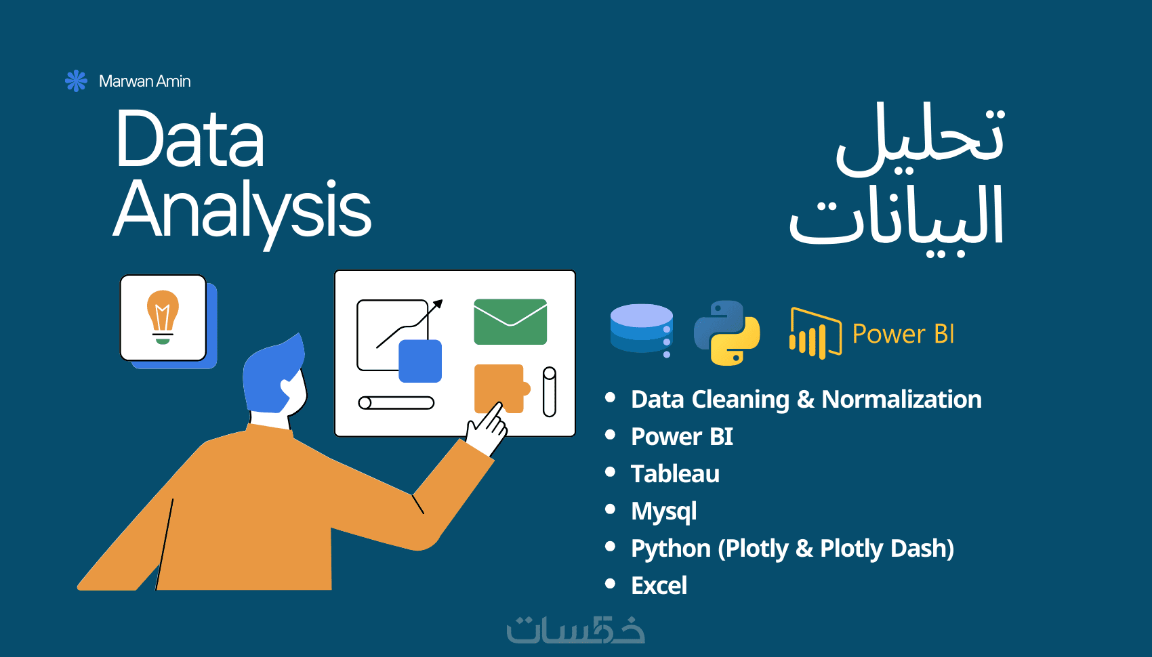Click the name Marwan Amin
[x=144, y=81]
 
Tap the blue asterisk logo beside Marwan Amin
[x=76, y=81]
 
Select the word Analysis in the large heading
[x=242, y=211]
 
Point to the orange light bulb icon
[x=163, y=317]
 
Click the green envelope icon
[x=510, y=321]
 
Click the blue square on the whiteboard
[x=420, y=361]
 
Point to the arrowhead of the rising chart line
[x=438, y=304]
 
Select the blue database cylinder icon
[x=642, y=330]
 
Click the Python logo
[x=726, y=333]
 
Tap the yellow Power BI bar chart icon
[x=816, y=333]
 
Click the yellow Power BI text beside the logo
[x=903, y=334]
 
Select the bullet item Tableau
[x=675, y=473]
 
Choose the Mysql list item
[x=664, y=511]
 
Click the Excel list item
[x=659, y=585]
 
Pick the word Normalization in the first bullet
[x=901, y=399]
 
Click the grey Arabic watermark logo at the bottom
[x=575, y=629]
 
